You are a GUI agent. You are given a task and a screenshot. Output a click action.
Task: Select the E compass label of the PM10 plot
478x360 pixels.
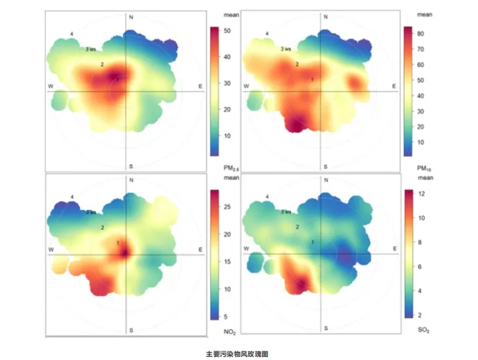pyautogui.click(x=394, y=86)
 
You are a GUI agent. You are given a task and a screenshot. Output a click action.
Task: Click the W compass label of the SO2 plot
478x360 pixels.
pyautogui.click(x=247, y=249)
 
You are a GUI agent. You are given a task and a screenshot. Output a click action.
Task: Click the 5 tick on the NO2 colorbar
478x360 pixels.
pyautogui.click(x=226, y=316)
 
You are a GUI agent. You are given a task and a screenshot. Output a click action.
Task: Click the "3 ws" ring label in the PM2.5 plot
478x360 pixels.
pyautogui.click(x=91, y=49)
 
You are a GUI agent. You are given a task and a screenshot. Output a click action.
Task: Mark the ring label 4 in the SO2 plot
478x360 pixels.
pyautogui.click(x=267, y=197)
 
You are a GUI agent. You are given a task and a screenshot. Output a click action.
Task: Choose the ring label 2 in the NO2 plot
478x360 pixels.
pyautogui.click(x=102, y=227)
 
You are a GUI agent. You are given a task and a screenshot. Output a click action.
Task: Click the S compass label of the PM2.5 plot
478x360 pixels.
pyautogui.click(x=131, y=167)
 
